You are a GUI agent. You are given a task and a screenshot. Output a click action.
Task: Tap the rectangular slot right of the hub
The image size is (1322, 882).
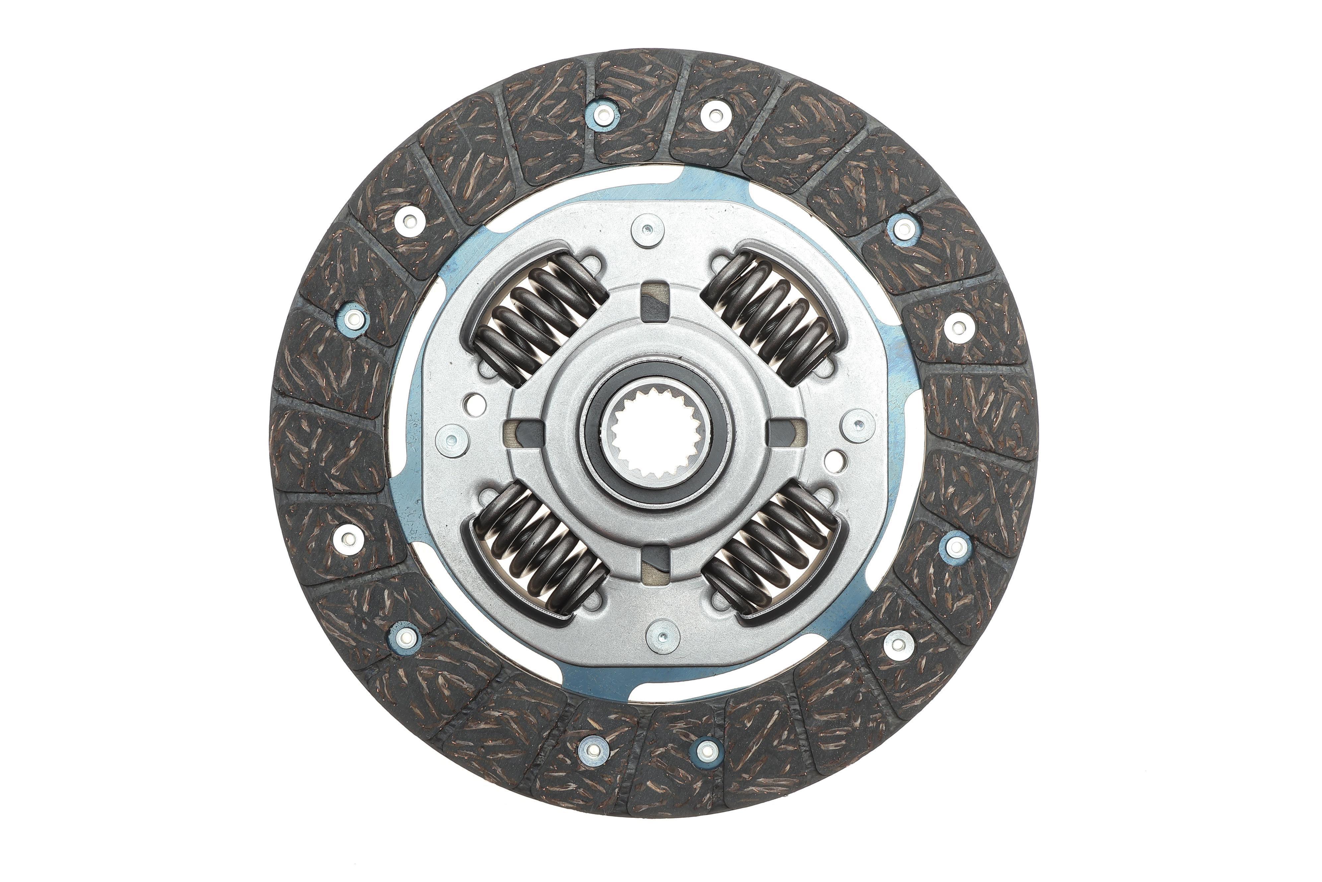point(786,433)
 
